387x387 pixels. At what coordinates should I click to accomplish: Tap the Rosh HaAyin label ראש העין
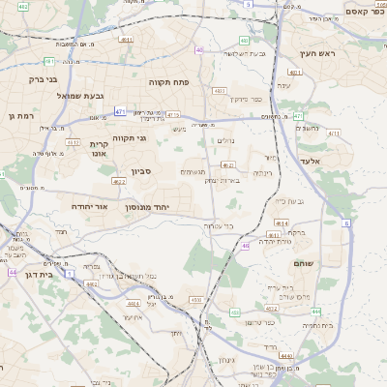click(x=316, y=53)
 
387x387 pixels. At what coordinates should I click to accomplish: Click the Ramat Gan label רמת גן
click(x=19, y=115)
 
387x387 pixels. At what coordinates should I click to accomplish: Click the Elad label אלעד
click(x=310, y=161)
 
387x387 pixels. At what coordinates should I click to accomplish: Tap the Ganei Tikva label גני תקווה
click(x=130, y=138)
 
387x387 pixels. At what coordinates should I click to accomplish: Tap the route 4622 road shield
click(x=119, y=181)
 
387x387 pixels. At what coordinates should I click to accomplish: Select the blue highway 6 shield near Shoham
click(x=346, y=223)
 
